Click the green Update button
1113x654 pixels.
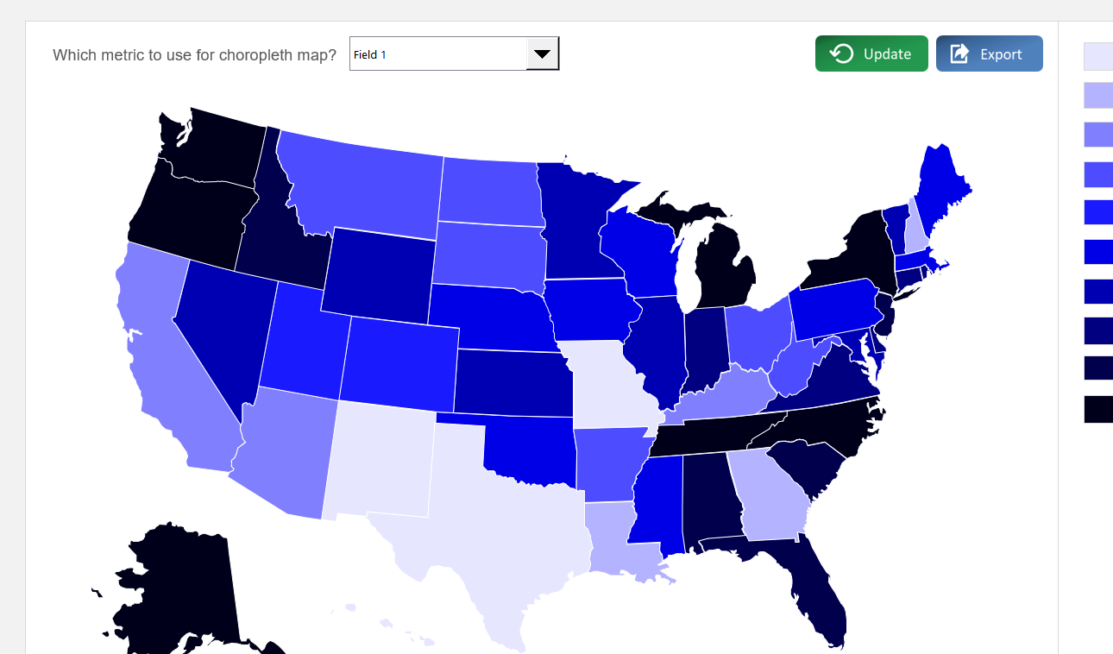coord(871,53)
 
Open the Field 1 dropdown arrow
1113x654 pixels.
coord(542,53)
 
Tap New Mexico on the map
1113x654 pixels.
coord(380,457)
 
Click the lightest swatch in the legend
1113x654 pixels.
coord(1097,56)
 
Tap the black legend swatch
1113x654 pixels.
coord(1097,409)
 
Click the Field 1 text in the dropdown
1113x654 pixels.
coord(370,54)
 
